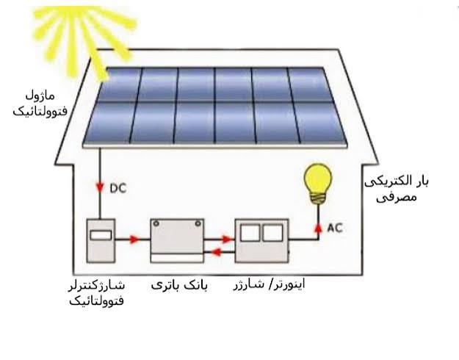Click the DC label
pos(118,188)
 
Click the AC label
pos(335,228)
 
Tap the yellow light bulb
pos(318,184)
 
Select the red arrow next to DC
pos(101,187)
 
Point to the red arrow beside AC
pos(318,228)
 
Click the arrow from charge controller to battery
pos(134,240)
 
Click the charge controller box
pos(101,241)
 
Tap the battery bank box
pos(178,241)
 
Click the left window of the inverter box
pos(250,233)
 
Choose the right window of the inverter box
pos(272,233)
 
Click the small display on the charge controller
pos(101,236)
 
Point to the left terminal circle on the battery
pos(156,223)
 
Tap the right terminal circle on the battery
pos(198,223)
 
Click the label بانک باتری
pos(179,285)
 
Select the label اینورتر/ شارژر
pos(269,284)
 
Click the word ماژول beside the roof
pos(40,96)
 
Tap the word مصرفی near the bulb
pos(396,197)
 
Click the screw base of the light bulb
pos(318,198)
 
